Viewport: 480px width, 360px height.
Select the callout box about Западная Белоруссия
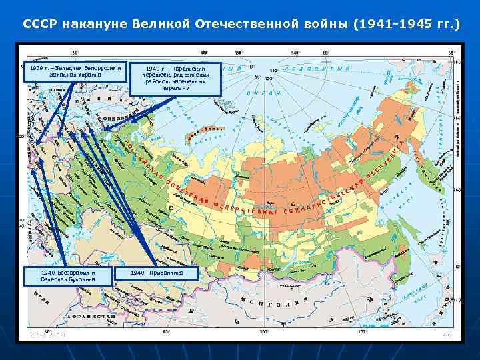pos(75,71)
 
